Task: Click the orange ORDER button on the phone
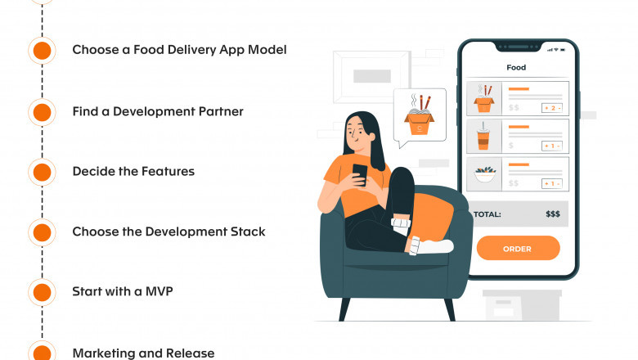[x=518, y=248]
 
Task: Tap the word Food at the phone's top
[x=516, y=68]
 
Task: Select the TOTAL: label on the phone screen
[x=487, y=214]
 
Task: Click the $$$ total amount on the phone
[x=552, y=214]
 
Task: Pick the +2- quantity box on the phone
[x=551, y=107]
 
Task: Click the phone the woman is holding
[x=360, y=173]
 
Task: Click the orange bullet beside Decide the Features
[x=42, y=172]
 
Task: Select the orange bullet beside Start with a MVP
[x=42, y=291]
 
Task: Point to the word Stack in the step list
[x=247, y=232]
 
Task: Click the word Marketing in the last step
[x=102, y=353]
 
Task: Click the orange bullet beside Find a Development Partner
[x=42, y=111]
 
